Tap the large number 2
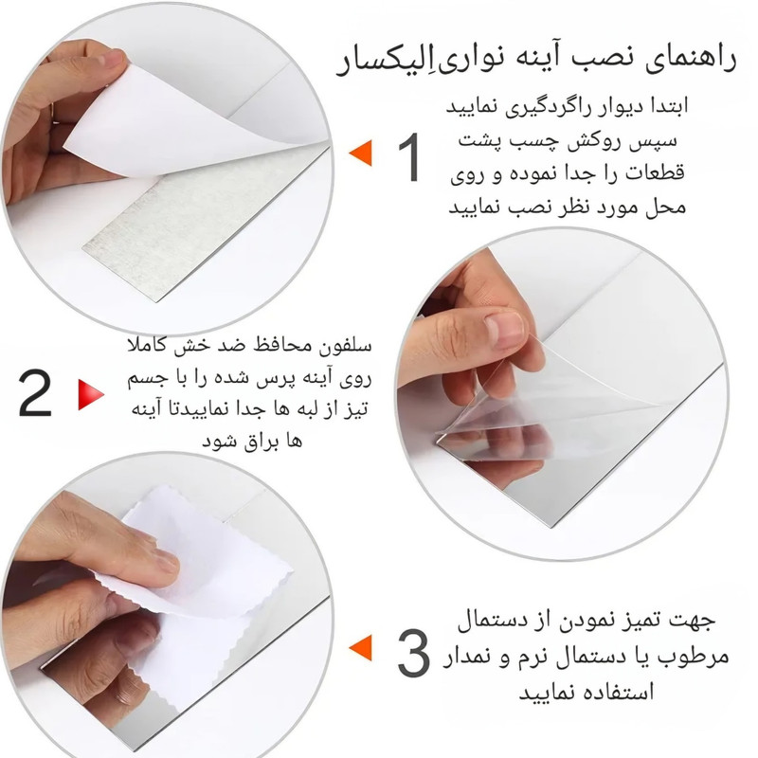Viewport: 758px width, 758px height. tap(35, 393)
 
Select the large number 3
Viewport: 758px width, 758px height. tap(413, 653)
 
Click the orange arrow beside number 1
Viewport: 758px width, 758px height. tap(361, 153)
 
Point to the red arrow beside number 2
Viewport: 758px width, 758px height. tap(91, 395)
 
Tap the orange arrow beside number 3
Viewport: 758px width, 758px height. tap(361, 648)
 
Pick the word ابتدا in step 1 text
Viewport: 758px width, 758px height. tap(666, 106)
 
